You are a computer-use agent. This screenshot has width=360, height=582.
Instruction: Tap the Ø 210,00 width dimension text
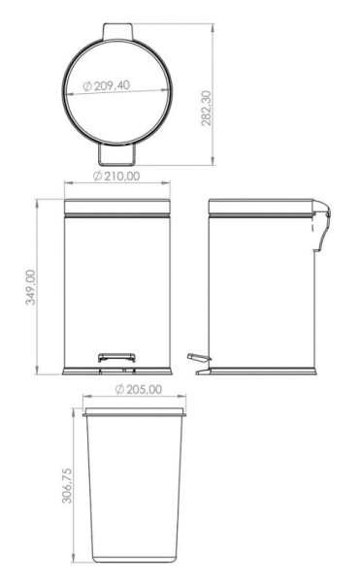[x=122, y=177]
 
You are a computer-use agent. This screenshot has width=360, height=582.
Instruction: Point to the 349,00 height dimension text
[x=30, y=287]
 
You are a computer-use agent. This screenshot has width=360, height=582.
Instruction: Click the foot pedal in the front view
[x=116, y=358]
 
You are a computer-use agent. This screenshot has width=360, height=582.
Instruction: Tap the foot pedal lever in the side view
[x=199, y=360]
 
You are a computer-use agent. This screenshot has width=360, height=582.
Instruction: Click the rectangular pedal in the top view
[x=116, y=153]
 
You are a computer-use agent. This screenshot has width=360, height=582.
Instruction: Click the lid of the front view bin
[x=116, y=208]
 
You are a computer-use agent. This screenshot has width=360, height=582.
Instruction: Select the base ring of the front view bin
[x=116, y=371]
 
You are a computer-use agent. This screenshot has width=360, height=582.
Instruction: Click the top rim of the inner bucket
[x=133, y=412]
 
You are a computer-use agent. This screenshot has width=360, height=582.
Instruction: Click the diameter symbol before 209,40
[x=88, y=87]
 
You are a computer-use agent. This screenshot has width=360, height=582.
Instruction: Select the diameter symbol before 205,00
[x=118, y=389]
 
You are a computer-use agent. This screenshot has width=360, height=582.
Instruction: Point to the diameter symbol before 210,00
[x=98, y=177]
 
